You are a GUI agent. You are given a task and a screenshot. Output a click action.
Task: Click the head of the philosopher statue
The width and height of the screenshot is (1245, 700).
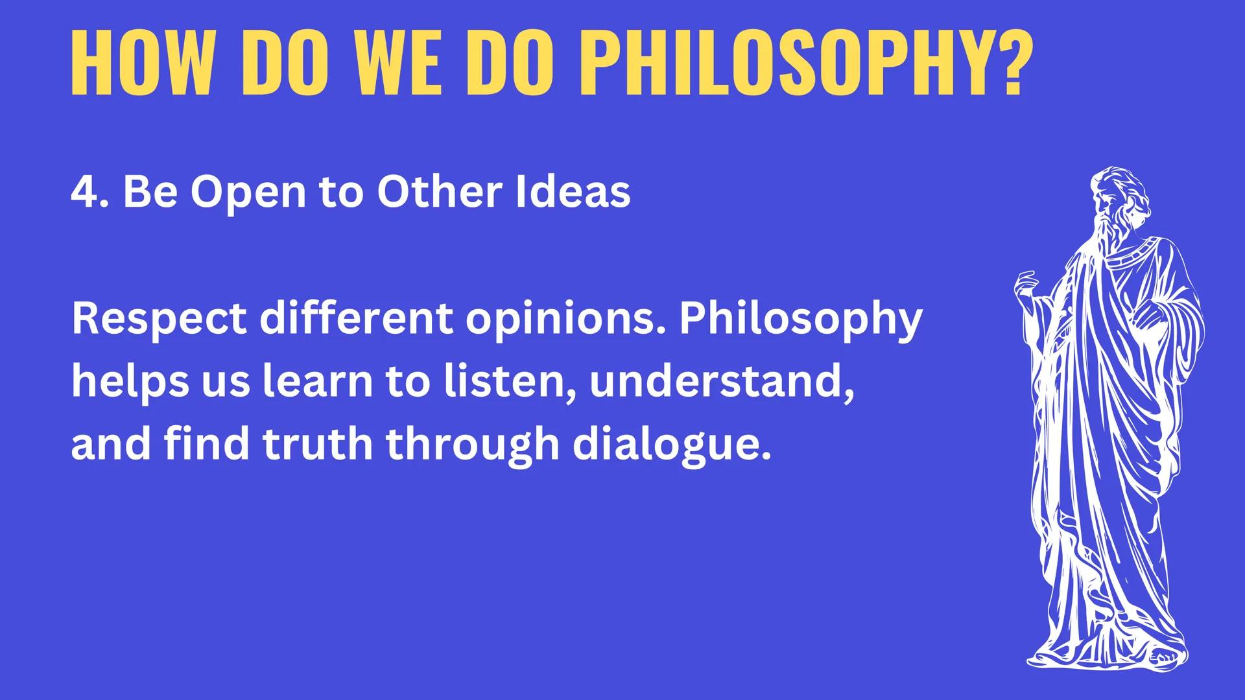click(x=1113, y=194)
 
